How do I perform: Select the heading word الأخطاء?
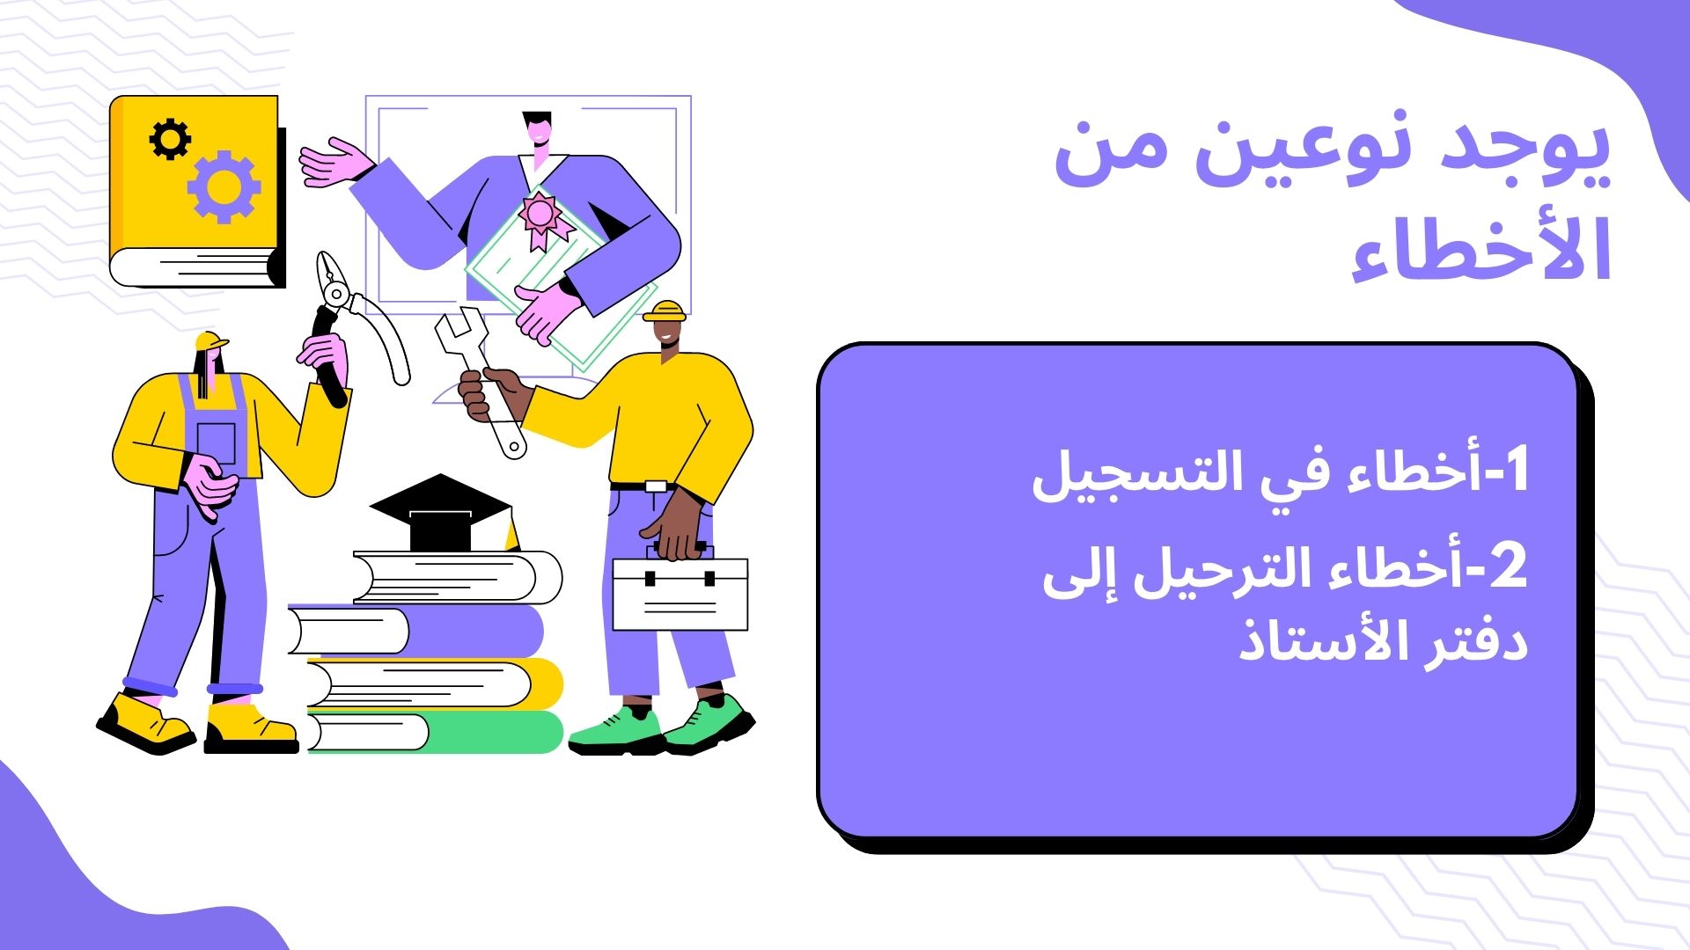tap(1481, 248)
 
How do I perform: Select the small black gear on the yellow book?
tap(170, 139)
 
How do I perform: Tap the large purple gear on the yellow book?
tap(224, 186)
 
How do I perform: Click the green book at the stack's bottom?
tap(435, 732)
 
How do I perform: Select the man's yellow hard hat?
tap(665, 311)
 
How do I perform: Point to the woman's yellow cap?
tap(209, 340)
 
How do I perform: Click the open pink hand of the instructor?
tap(334, 163)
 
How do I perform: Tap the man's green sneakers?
tap(662, 727)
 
